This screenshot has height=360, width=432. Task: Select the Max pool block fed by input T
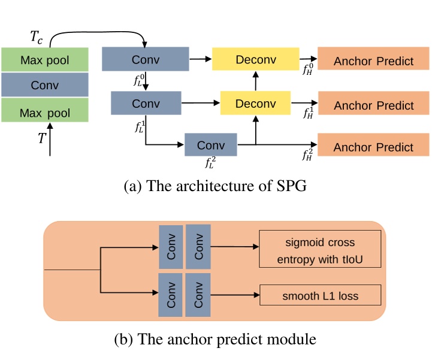pyautogui.click(x=45, y=113)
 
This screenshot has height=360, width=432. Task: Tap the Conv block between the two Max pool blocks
pyautogui.click(x=45, y=86)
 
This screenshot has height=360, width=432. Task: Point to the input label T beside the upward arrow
pyautogui.click(x=42, y=138)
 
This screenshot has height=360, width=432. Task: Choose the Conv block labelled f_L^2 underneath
pyautogui.click(x=210, y=146)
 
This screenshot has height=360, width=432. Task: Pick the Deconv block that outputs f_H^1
pyautogui.click(x=256, y=103)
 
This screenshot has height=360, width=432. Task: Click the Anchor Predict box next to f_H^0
pyautogui.click(x=373, y=60)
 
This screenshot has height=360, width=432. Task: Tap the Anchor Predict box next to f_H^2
pyautogui.click(x=373, y=147)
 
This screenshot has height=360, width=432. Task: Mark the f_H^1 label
pyautogui.click(x=309, y=113)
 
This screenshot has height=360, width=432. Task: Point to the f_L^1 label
pyautogui.click(x=141, y=126)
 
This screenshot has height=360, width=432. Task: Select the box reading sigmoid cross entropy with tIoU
pyautogui.click(x=320, y=249)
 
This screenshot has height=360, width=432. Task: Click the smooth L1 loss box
pyautogui.click(x=320, y=295)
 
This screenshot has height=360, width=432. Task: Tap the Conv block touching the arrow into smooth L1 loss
pyautogui.click(x=198, y=295)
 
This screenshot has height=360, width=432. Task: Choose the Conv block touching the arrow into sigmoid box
pyautogui.click(x=198, y=246)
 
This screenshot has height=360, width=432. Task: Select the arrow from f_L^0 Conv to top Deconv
pyautogui.click(x=201, y=59)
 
